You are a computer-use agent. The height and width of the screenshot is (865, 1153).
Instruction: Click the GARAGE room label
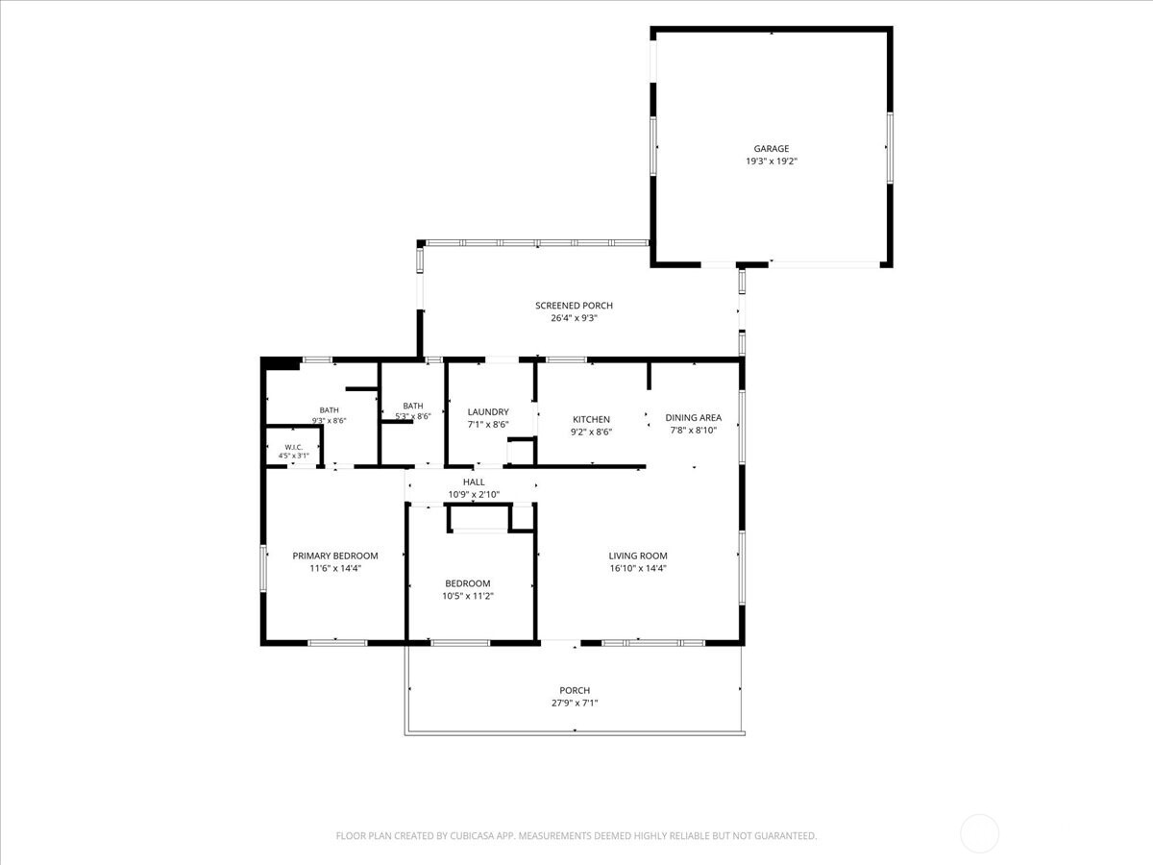pos(772,149)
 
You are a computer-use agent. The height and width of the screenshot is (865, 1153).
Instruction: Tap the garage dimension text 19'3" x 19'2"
pos(772,161)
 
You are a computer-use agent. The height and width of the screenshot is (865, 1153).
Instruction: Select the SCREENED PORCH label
pos(574,305)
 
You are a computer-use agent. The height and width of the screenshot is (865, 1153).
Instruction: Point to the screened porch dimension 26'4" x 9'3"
pos(574,318)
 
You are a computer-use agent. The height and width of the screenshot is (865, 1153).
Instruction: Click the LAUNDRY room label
pos(488,411)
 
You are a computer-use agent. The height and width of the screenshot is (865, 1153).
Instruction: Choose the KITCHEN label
pos(591,419)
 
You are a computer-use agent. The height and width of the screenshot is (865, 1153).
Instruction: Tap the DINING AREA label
pos(693,417)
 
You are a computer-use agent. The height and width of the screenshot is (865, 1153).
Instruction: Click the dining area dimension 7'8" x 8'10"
pos(693,431)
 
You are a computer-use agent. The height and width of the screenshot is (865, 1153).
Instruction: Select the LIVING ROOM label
pos(638,556)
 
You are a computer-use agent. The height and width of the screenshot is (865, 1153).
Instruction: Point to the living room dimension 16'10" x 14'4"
pos(638,568)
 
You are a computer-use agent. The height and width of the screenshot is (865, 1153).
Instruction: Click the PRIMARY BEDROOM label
pos(335,556)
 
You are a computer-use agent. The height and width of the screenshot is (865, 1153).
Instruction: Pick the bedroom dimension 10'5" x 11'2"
pos(468,596)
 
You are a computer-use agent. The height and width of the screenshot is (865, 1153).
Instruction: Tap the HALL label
pos(474,482)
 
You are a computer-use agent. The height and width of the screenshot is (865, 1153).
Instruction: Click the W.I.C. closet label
pos(294,448)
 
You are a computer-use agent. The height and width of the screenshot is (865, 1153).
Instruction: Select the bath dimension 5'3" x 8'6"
pos(413,416)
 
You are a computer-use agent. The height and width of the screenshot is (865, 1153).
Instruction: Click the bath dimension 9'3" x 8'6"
pos(329,421)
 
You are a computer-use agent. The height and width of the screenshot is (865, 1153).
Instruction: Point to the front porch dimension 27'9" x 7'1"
pos(575,703)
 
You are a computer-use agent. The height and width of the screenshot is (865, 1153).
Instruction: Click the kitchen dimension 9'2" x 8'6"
pos(591,432)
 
